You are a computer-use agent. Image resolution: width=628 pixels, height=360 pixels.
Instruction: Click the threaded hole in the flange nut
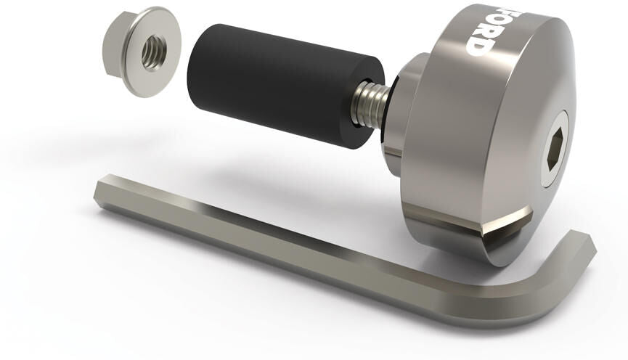(x=154, y=53)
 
